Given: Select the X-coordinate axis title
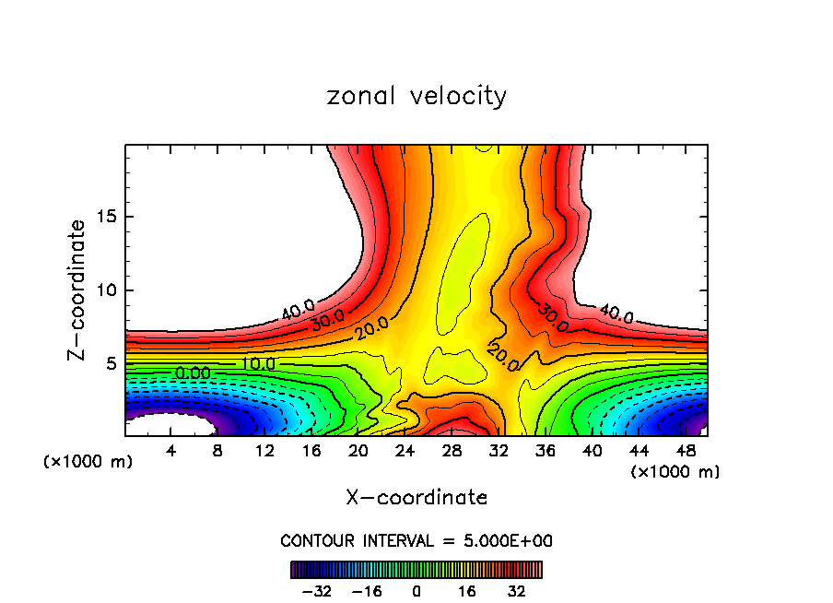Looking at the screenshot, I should coord(416,498).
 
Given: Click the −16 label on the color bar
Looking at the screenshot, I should coord(367,591).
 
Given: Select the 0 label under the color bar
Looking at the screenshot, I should coord(416,591).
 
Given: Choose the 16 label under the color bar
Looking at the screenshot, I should coord(466,591).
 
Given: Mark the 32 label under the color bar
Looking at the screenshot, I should coord(516,591).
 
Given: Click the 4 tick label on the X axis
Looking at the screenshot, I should coord(171,451).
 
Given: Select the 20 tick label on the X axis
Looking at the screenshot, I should coord(358,451).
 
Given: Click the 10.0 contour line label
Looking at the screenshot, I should coord(258,363).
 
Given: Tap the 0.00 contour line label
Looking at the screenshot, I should coord(192,372).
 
